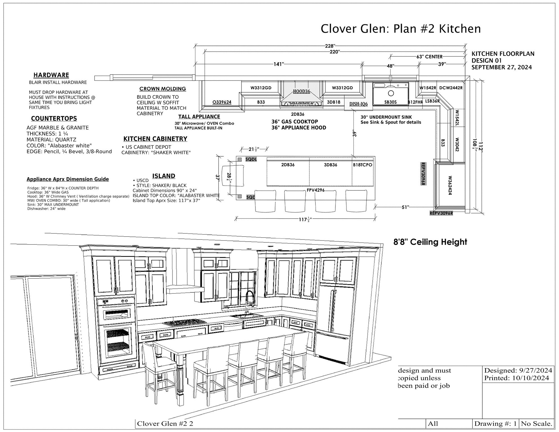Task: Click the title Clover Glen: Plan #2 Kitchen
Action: click(401, 29)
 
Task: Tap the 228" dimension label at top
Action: click(330, 46)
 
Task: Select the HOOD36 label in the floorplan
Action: click(301, 91)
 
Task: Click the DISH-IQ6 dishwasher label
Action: click(359, 104)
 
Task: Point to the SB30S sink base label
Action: click(391, 102)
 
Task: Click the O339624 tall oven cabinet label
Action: click(222, 102)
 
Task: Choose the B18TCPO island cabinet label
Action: click(362, 165)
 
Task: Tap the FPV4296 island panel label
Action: click(315, 190)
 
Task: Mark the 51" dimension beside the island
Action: click(405, 207)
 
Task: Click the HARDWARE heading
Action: click(51, 75)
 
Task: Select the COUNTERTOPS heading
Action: click(54, 119)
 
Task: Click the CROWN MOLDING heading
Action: click(163, 89)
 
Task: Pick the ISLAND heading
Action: click(164, 176)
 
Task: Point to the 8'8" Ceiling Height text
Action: click(430, 242)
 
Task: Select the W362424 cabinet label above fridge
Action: click(450, 186)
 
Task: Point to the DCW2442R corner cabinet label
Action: click(451, 88)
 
